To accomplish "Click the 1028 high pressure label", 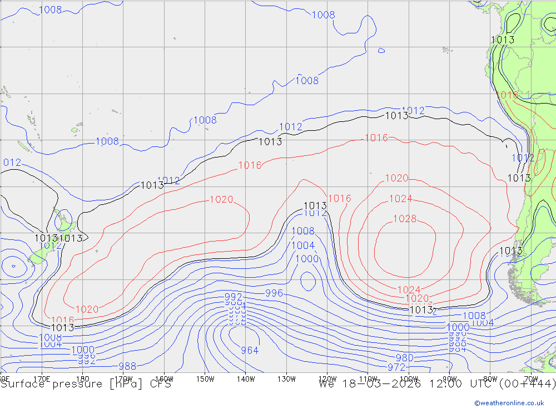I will pos(405,219).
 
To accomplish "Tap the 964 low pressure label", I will pos(250,350).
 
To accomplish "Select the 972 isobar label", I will pos(396,367).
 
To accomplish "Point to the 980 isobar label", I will pos(404,358).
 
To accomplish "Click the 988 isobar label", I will pos(127,366).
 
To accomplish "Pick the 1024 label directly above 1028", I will pos(400,199).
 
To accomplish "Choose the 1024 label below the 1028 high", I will pos(409,289).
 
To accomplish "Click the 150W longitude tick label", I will pos(205,379).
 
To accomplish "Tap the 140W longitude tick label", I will pos(245,379).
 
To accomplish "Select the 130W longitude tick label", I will pos(286,379).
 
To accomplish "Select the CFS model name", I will pos(158,384).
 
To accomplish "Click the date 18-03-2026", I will pos(384,384).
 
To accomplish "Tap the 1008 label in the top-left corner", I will pos(50,9).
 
